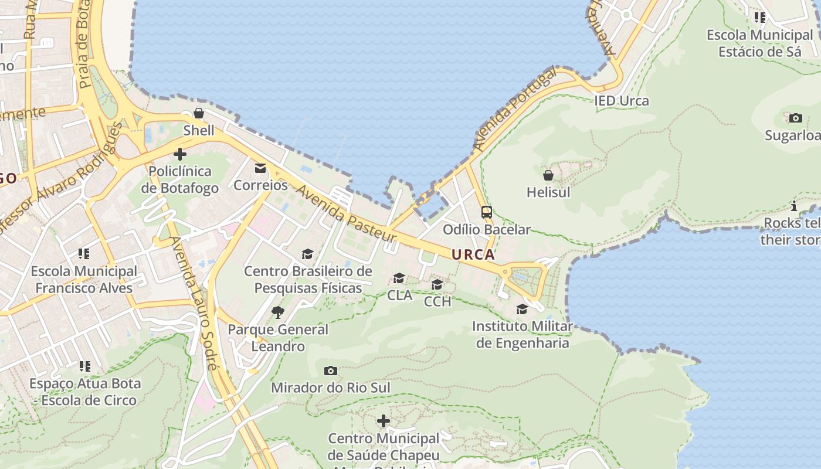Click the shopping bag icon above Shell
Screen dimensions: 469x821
tap(199, 113)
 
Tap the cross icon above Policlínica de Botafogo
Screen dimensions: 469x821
tap(180, 155)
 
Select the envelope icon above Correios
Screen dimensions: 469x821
tap(260, 169)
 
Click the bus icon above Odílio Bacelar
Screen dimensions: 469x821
tap(487, 212)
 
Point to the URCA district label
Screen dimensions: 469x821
tap(473, 255)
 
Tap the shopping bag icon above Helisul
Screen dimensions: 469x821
tap(548, 175)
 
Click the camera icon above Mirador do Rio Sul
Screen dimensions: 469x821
tap(331, 371)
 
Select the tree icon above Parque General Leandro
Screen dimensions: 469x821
tap(278, 312)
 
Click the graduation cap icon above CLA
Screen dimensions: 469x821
tap(399, 278)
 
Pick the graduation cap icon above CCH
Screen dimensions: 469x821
tap(437, 285)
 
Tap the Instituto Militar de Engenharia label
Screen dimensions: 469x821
tap(523, 334)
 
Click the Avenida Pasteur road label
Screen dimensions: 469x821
tap(346, 215)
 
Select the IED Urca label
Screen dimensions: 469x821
tap(622, 101)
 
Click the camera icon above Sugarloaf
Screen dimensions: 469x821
tap(796, 118)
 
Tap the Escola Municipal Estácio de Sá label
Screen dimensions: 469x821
tap(759, 43)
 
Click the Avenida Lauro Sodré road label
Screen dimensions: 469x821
tap(193, 303)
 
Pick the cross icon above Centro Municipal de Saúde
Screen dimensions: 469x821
tap(384, 421)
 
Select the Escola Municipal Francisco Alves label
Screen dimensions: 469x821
tap(84, 280)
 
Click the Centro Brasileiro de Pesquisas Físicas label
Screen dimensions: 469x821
tap(308, 280)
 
